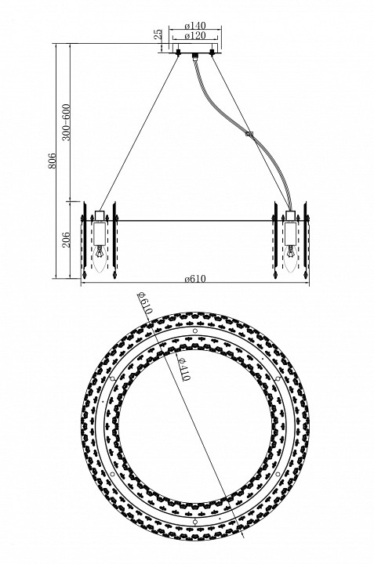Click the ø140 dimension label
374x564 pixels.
[194, 26]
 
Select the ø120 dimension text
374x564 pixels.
[194, 35]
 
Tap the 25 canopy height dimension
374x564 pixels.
[158, 34]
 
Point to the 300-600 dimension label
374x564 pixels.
[66, 122]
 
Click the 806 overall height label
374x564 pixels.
[52, 161]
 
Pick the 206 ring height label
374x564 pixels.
[66, 240]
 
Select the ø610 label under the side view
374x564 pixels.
[195, 279]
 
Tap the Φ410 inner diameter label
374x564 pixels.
[183, 370]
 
